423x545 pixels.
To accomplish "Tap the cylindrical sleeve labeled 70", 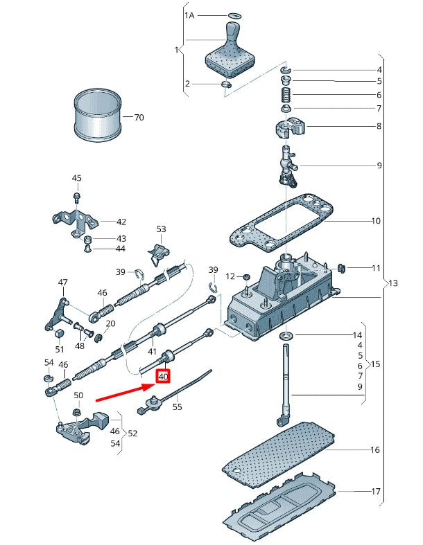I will click(96, 116).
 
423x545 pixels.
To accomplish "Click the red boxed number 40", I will click(163, 377).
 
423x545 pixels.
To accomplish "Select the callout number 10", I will click(375, 222).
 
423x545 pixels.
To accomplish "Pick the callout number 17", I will click(375, 492).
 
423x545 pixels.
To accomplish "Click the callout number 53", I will click(162, 229).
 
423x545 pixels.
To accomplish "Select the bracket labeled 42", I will click(73, 220).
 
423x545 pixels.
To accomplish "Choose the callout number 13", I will click(393, 283).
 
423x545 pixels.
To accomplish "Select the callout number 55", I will click(177, 408).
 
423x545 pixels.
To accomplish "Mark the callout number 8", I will click(379, 127).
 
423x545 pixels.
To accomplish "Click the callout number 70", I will click(139, 118).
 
